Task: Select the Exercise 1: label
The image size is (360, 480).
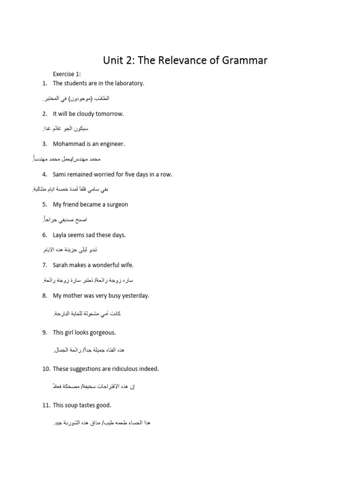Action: [67, 74]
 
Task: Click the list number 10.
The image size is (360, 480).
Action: [45, 369]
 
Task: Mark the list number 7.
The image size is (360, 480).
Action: [44, 265]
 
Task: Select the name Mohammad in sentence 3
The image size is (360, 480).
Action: [69, 144]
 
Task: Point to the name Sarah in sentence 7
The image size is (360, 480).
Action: [60, 265]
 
